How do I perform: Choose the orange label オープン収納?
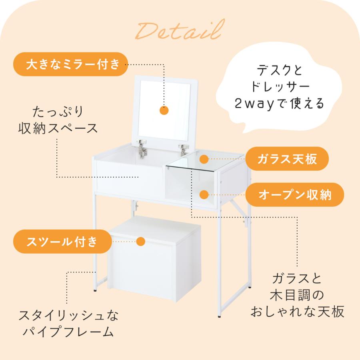click(x=295, y=195)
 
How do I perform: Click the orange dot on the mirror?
click(x=164, y=110)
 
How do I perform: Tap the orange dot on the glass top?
click(x=204, y=160)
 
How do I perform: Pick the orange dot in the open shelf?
click(x=204, y=195)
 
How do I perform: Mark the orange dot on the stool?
click(x=140, y=241)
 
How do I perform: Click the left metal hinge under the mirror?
click(x=142, y=148)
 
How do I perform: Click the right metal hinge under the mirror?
click(x=183, y=150)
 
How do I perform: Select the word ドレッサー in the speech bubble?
click(x=280, y=86)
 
